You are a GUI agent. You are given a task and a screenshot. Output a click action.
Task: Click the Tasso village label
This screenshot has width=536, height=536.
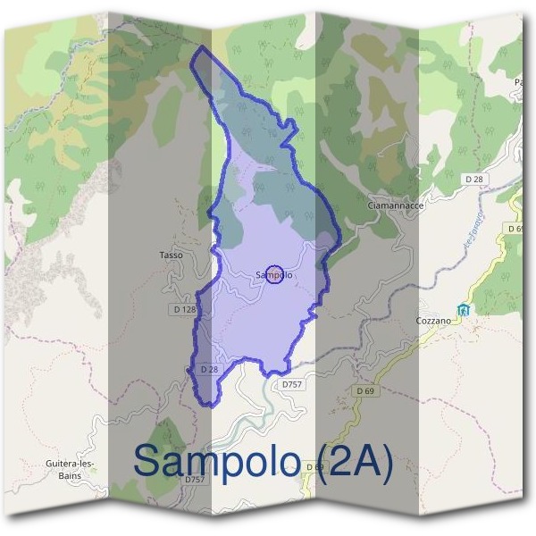point(171,255)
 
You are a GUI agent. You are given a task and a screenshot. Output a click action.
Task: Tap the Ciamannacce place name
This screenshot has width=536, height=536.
point(395,205)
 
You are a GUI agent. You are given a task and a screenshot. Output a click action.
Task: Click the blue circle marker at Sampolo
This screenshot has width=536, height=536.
point(275,275)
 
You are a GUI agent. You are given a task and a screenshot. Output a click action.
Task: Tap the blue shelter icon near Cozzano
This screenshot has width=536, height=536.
point(463,310)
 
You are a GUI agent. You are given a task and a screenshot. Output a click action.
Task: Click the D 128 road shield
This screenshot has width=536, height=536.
point(182,309)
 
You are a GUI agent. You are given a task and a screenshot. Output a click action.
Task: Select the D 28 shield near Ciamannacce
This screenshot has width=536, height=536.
point(474,180)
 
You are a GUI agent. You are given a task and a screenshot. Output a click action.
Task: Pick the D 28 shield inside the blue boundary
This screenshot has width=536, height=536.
point(209,369)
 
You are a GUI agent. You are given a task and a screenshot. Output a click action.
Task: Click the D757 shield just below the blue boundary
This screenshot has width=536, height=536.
point(292,384)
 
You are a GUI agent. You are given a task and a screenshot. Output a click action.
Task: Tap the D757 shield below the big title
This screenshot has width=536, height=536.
point(196,480)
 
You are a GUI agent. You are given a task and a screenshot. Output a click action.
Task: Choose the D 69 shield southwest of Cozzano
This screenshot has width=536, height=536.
point(364,391)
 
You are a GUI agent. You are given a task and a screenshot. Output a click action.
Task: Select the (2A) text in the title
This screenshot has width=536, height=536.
point(355,462)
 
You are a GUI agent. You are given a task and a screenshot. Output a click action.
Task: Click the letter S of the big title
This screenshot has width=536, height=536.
point(149,461)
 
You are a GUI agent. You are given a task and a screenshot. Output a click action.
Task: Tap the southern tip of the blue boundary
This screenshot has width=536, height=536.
point(207,406)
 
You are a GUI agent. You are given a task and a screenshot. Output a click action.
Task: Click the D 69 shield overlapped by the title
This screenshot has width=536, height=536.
point(314,466)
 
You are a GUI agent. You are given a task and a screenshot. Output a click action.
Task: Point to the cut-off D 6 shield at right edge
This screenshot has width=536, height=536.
point(515,229)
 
